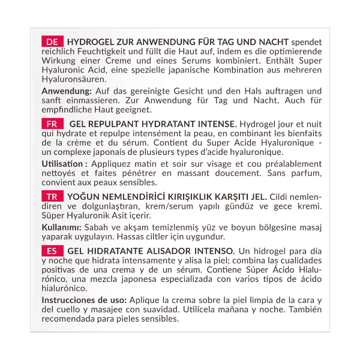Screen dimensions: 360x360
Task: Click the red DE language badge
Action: tap(52, 42)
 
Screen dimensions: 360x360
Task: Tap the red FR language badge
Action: tap(52, 124)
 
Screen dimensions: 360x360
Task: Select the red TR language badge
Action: tap(52, 197)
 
